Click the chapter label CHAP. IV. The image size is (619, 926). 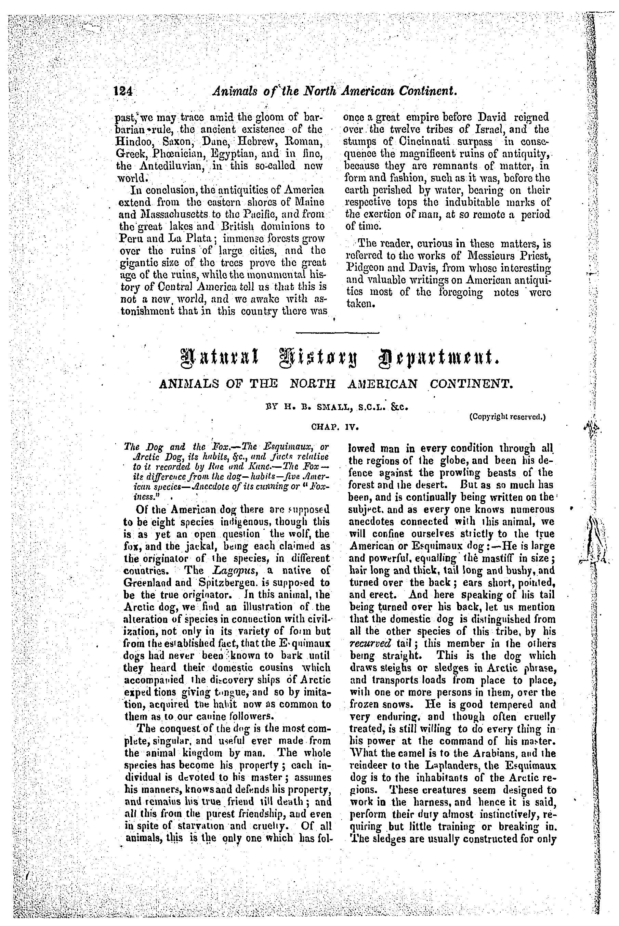[x=334, y=427]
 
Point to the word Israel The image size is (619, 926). [x=494, y=130]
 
